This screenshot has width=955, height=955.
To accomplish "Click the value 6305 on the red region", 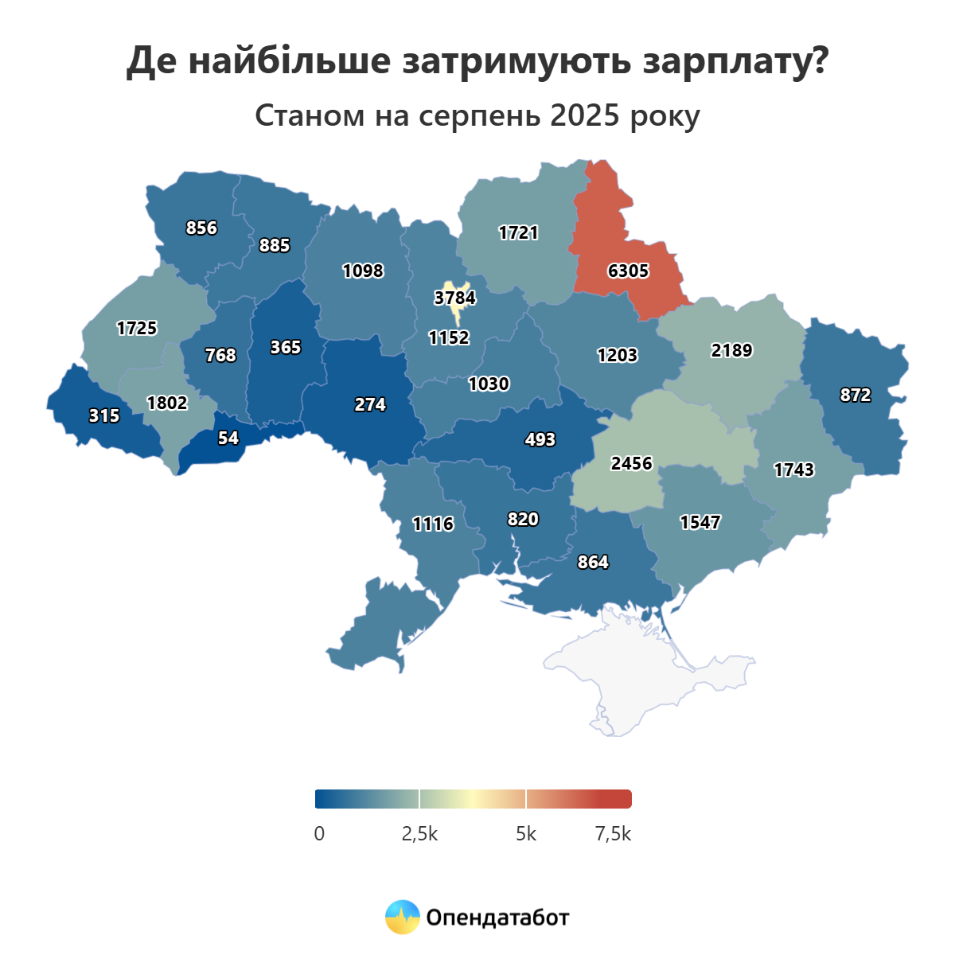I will [x=628, y=271].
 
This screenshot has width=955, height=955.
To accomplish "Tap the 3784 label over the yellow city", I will [x=454, y=298].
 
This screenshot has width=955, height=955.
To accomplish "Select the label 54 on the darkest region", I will [x=228, y=439].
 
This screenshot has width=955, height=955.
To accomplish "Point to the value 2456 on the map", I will [x=631, y=463].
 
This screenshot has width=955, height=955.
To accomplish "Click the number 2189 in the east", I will [x=731, y=351].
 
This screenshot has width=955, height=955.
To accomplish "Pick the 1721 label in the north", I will [x=518, y=233].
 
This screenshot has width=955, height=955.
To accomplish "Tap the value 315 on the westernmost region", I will [x=104, y=416].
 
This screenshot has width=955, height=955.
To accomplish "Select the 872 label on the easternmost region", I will [x=856, y=396].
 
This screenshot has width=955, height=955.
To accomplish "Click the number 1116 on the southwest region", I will [x=433, y=524].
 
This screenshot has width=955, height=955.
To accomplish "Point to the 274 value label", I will [x=370, y=405].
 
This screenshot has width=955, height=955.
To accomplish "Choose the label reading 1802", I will [x=167, y=403].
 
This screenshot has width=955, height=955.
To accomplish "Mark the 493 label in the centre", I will [x=540, y=440].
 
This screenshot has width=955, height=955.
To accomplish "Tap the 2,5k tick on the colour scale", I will [x=419, y=834].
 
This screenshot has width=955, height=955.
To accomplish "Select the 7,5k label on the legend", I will [x=613, y=834].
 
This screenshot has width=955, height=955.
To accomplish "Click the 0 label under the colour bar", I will [x=319, y=834].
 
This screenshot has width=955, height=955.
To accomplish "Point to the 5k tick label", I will [x=526, y=834].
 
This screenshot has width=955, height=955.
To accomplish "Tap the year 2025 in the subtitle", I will [x=584, y=115].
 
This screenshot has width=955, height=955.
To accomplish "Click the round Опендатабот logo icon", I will [x=402, y=918].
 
